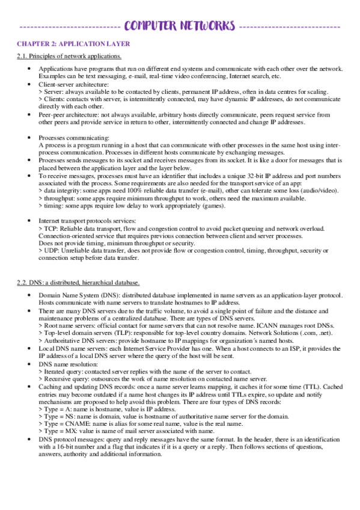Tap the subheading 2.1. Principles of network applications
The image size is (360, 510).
pos(69,57)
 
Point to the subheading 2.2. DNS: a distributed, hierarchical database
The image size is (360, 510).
pos(78,282)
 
